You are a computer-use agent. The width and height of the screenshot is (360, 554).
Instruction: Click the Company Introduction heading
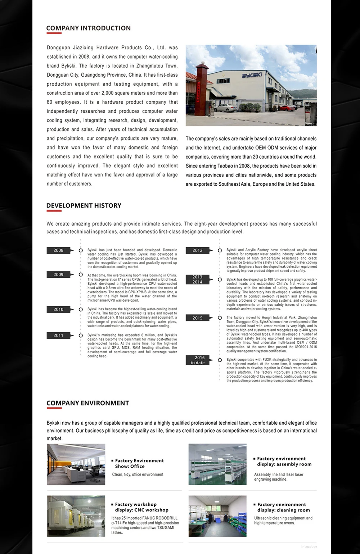(x=88, y=28)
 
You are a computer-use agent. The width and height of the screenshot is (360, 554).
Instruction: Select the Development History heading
(x=84, y=206)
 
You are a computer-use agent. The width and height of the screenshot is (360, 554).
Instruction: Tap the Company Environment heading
(x=87, y=403)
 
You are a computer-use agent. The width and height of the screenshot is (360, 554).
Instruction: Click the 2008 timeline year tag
(x=59, y=251)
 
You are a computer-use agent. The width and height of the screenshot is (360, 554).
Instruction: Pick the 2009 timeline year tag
(x=59, y=275)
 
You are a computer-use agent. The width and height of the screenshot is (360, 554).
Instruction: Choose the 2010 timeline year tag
(x=59, y=310)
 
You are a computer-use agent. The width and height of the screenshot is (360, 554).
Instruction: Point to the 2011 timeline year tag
(x=59, y=335)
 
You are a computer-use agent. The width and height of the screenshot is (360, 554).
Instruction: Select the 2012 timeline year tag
(x=197, y=251)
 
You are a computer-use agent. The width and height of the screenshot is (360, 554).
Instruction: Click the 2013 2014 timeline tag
(x=197, y=280)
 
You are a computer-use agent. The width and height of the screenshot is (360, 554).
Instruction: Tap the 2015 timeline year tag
(x=197, y=318)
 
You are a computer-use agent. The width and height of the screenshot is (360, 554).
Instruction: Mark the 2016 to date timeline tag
(x=197, y=360)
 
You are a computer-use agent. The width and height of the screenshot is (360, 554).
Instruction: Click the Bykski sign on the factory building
(x=251, y=76)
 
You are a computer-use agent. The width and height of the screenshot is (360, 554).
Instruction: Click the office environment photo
(x=76, y=464)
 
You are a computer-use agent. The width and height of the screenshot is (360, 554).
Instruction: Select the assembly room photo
(x=217, y=464)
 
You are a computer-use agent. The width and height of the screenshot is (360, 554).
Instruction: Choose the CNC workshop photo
(x=76, y=516)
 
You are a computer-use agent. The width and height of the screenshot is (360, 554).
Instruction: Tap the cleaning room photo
(x=217, y=516)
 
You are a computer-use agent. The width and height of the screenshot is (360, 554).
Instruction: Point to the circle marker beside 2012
(x=220, y=251)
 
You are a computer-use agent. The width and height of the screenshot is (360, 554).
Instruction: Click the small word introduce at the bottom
(x=309, y=546)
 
